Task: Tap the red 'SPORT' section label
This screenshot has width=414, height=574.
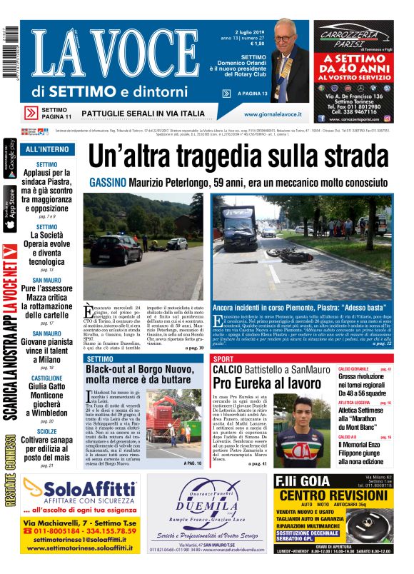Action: tap(223, 358)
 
